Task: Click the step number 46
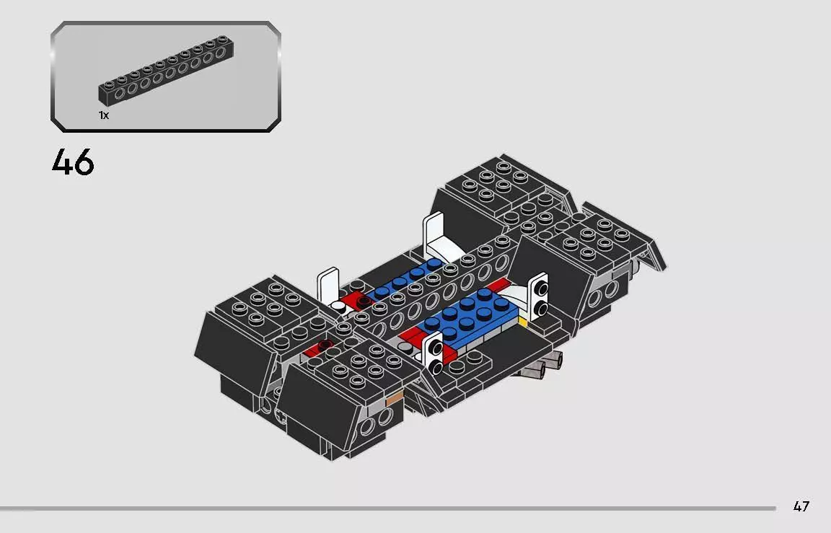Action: tap(73, 162)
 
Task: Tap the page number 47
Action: tap(801, 506)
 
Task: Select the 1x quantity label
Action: tap(104, 115)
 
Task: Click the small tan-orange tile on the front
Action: tap(395, 397)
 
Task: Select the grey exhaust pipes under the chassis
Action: tap(541, 366)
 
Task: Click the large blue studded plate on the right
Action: tap(469, 314)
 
